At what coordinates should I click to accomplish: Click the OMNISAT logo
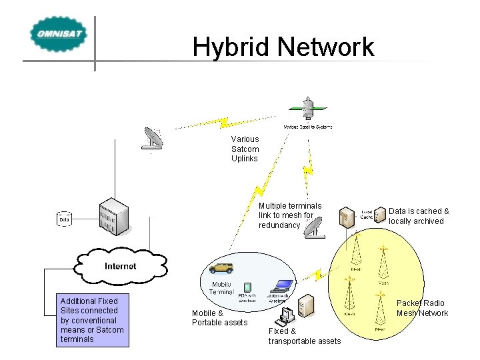tap(58, 34)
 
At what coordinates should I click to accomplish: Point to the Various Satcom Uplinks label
tap(245, 149)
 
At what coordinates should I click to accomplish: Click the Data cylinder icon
tap(65, 219)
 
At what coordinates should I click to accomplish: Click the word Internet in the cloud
tap(120, 266)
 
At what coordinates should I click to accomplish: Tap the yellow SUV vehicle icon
tap(221, 268)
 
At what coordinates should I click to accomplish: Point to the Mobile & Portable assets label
tap(219, 318)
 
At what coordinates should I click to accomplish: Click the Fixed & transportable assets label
tap(304, 336)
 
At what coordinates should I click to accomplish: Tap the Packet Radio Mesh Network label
tap(422, 308)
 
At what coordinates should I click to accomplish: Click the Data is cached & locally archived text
tap(419, 216)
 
